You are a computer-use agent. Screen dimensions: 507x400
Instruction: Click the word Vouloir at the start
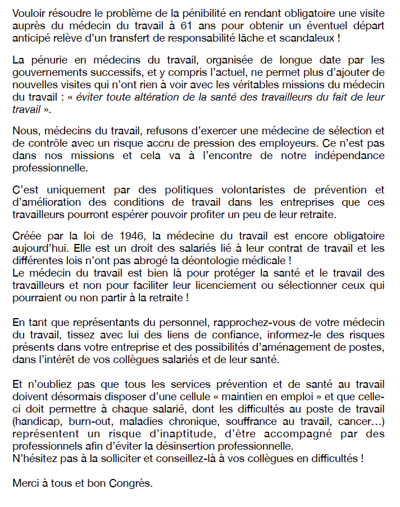28,13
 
